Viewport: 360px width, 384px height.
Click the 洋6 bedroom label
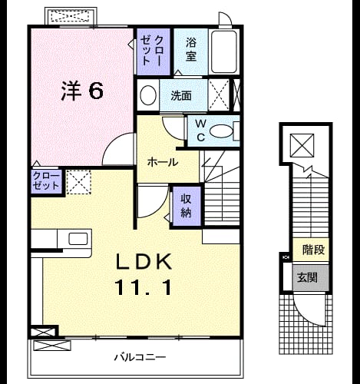[82, 91]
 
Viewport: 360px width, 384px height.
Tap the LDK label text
[144, 261]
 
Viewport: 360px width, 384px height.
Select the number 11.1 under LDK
[144, 287]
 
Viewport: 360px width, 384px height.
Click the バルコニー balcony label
[140, 357]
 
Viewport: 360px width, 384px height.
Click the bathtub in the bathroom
[223, 51]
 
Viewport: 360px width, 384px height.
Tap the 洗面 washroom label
[181, 95]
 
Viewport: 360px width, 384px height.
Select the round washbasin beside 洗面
[148, 95]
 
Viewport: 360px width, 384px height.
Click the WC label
[200, 131]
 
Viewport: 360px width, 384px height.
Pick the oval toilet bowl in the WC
[222, 131]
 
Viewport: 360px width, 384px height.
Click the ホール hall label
[163, 162]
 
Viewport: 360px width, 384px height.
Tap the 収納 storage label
[186, 206]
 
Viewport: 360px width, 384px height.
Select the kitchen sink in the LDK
[78, 239]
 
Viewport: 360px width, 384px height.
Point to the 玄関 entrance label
[307, 277]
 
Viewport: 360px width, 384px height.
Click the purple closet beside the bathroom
[154, 51]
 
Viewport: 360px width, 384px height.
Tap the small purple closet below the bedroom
[46, 181]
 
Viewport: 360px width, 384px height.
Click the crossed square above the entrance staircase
[302, 145]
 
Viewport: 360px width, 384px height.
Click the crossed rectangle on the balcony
[52, 346]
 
